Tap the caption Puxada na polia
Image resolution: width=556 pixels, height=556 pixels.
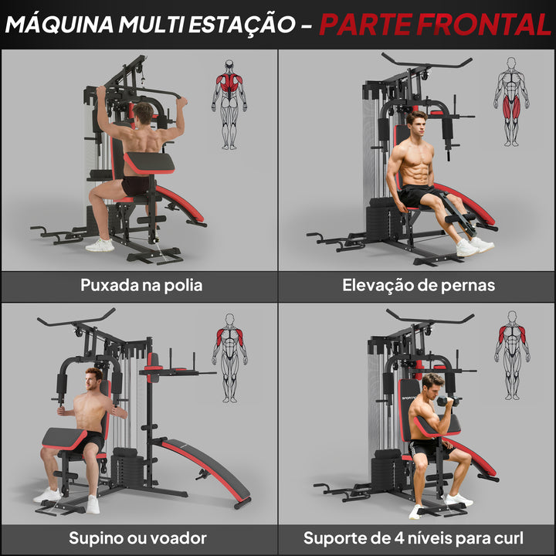coord(141,285)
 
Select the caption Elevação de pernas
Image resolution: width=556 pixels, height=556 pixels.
coord(419,285)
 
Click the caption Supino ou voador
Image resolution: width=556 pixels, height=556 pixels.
coord(137,537)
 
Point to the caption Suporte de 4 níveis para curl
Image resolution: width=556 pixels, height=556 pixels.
coord(413,537)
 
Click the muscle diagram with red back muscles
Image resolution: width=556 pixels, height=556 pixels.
coord(229,104)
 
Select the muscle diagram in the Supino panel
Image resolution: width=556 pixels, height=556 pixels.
coord(229,357)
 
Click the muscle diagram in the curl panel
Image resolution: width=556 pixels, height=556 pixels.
coord(511,355)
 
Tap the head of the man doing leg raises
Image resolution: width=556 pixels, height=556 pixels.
coord(416,124)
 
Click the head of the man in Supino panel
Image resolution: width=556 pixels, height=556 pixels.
coord(94,379)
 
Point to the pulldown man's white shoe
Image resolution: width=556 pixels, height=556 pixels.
coord(100,245)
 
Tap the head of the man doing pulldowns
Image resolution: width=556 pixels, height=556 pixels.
coord(143,114)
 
